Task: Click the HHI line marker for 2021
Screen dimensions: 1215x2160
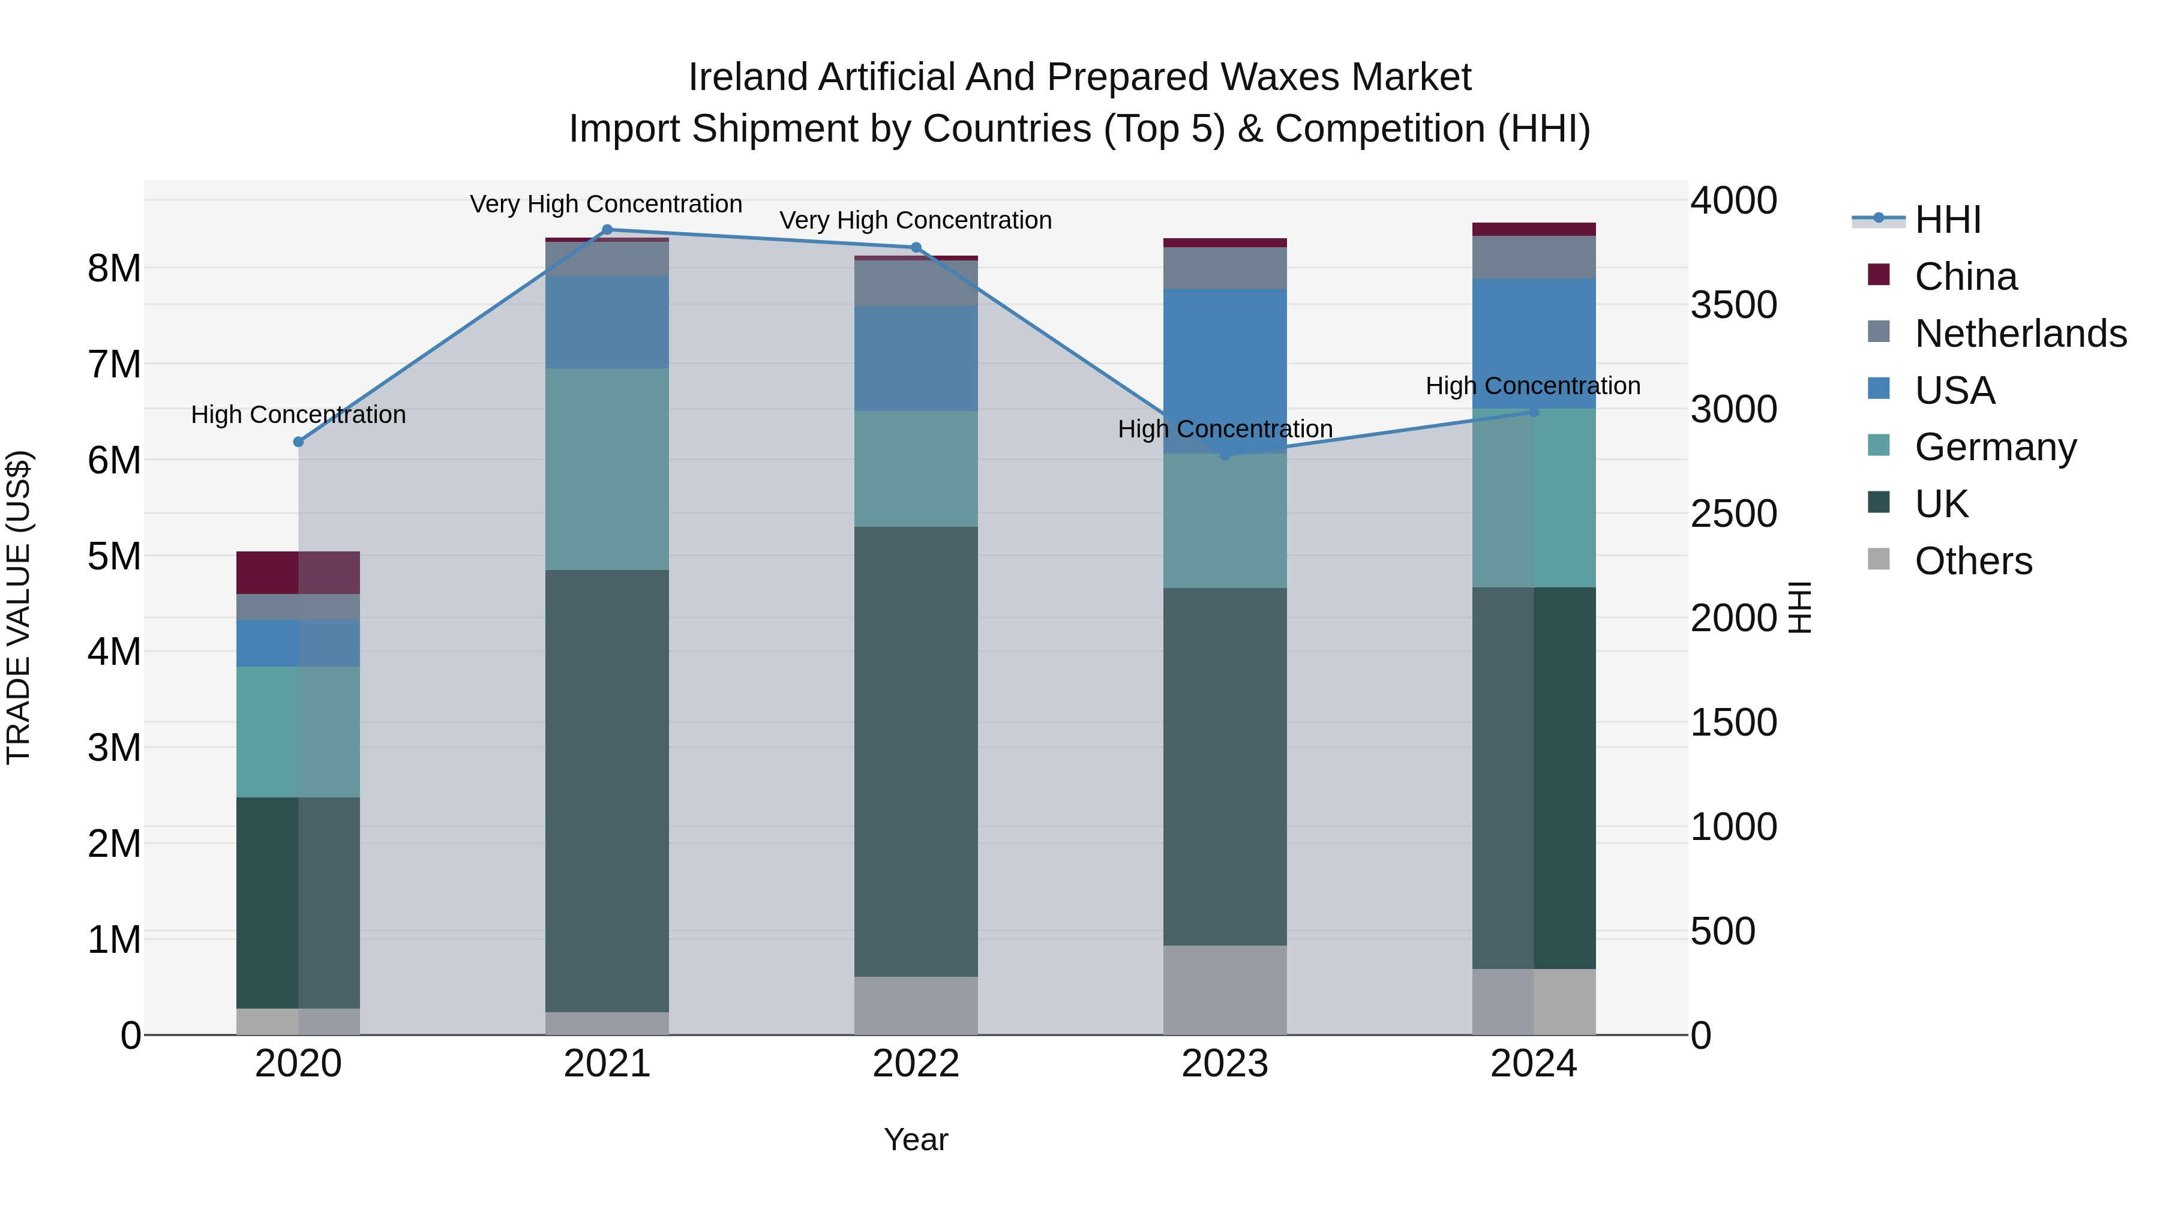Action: pos(607,230)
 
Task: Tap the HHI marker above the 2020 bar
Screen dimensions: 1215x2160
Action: pos(299,442)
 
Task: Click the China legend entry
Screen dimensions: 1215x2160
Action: pos(1966,277)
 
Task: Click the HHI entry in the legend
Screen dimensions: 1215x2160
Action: pos(1947,220)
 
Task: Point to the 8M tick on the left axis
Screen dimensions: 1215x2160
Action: pos(114,268)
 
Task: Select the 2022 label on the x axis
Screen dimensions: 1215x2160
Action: pos(916,1064)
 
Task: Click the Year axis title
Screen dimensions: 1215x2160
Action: pos(916,1139)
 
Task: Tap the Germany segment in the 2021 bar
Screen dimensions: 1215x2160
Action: pos(607,470)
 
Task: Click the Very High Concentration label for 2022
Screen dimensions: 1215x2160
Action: pos(916,221)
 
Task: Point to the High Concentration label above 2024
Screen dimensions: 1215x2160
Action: pos(1533,386)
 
